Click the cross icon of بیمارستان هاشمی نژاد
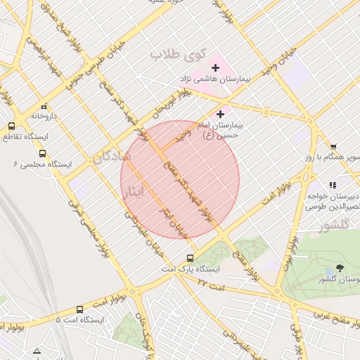(x=216, y=67)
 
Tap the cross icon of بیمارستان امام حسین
(x=221, y=113)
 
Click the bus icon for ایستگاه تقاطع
(x=11, y=126)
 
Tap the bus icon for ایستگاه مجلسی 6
(x=42, y=154)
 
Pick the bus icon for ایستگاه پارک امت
(x=190, y=258)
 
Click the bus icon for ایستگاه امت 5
(x=79, y=309)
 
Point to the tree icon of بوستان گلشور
(x=340, y=269)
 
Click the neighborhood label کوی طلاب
(x=177, y=53)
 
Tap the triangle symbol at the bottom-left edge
(x=37, y=351)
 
